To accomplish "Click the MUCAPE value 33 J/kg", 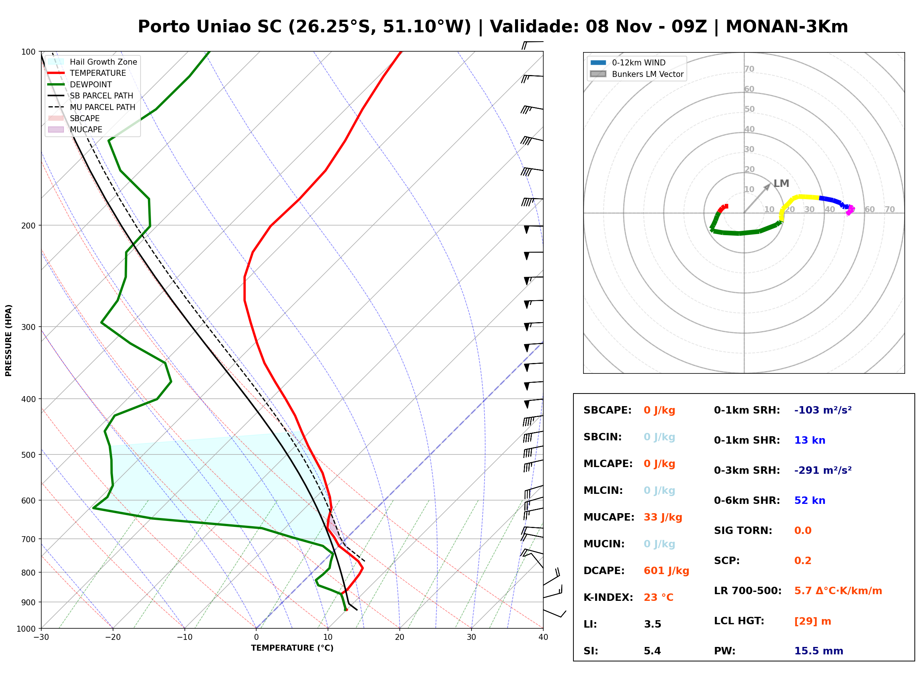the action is [x=663, y=517].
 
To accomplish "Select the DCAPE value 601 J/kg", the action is [x=666, y=571].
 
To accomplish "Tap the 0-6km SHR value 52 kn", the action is [x=810, y=501].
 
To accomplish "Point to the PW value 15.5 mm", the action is [x=819, y=651].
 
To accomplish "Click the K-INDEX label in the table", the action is [x=608, y=598].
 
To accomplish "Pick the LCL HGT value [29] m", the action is [x=813, y=621].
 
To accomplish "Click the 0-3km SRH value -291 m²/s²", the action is [x=823, y=470].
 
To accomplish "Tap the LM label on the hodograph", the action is [x=781, y=184].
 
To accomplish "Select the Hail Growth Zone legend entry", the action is [x=93, y=62].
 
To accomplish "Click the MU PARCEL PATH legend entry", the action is [x=92, y=107].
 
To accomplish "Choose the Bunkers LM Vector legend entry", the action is [x=637, y=74].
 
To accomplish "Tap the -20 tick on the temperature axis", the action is [x=113, y=637].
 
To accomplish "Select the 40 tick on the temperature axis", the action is [x=543, y=637].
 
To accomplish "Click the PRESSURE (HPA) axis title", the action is [x=9, y=340].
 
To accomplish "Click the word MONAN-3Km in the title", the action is [x=786, y=27].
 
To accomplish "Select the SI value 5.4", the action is [x=652, y=651].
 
